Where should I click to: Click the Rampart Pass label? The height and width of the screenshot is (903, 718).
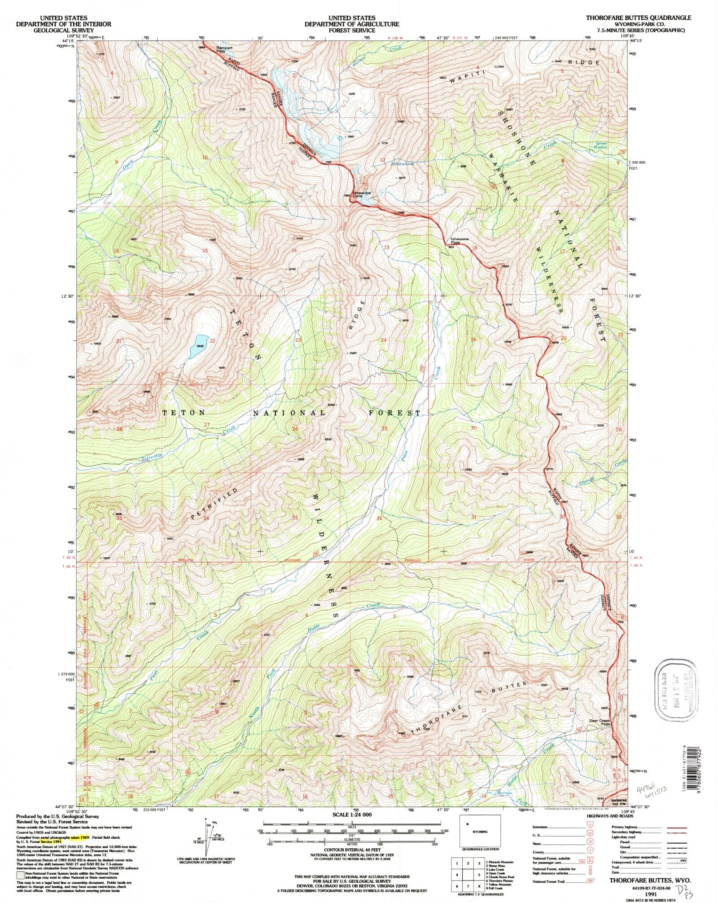220,49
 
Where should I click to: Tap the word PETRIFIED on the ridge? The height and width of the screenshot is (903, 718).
214,503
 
